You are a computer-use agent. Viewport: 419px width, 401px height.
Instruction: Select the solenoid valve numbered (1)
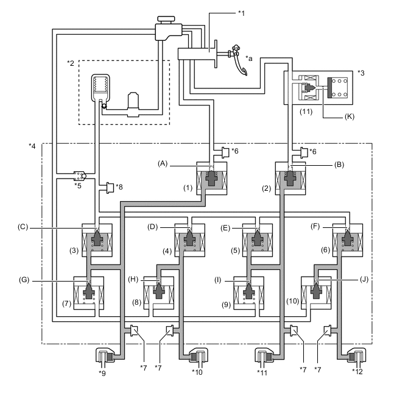(x=211, y=179)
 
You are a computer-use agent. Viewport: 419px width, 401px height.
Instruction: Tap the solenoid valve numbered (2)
(x=290, y=179)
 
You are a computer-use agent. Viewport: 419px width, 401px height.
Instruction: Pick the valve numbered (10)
(x=317, y=293)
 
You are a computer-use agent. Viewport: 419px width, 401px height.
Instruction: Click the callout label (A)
(x=162, y=163)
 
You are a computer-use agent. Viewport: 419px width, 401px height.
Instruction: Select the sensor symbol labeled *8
(x=111, y=186)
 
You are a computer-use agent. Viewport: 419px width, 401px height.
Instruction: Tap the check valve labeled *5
(x=79, y=176)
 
